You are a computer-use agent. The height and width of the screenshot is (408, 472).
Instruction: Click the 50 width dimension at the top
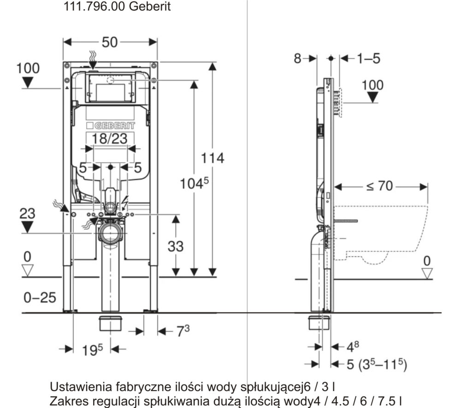[x=110, y=42]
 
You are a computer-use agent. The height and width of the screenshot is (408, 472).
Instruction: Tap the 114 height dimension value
[x=212, y=158]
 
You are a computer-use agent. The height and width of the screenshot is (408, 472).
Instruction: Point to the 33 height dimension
[x=175, y=246]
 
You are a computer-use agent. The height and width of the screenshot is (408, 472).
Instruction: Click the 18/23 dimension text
[x=109, y=139]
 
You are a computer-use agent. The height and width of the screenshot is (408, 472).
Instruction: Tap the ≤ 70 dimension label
[x=380, y=187]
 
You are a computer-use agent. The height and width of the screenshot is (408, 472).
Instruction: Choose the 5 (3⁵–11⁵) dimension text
[x=376, y=365]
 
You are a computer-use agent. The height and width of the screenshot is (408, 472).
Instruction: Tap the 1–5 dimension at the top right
[x=368, y=58]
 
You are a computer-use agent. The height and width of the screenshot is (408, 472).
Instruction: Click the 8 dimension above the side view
[x=297, y=58]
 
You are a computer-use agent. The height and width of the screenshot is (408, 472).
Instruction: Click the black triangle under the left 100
[x=28, y=82]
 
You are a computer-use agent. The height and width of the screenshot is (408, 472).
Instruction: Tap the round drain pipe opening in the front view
[x=110, y=233]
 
